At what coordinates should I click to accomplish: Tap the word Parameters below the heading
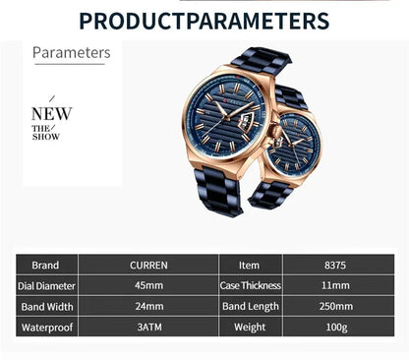[x=72, y=52]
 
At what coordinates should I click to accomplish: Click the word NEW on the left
[x=51, y=114]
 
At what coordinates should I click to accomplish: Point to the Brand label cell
[x=46, y=265]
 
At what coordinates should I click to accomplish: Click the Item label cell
[x=250, y=265]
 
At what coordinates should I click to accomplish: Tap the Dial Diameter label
[x=46, y=285]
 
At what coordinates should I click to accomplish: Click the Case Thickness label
[x=250, y=285]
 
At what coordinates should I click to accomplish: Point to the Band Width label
[x=46, y=306]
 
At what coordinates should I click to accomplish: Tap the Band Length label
[x=250, y=306]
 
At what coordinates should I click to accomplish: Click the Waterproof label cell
[x=46, y=327]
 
